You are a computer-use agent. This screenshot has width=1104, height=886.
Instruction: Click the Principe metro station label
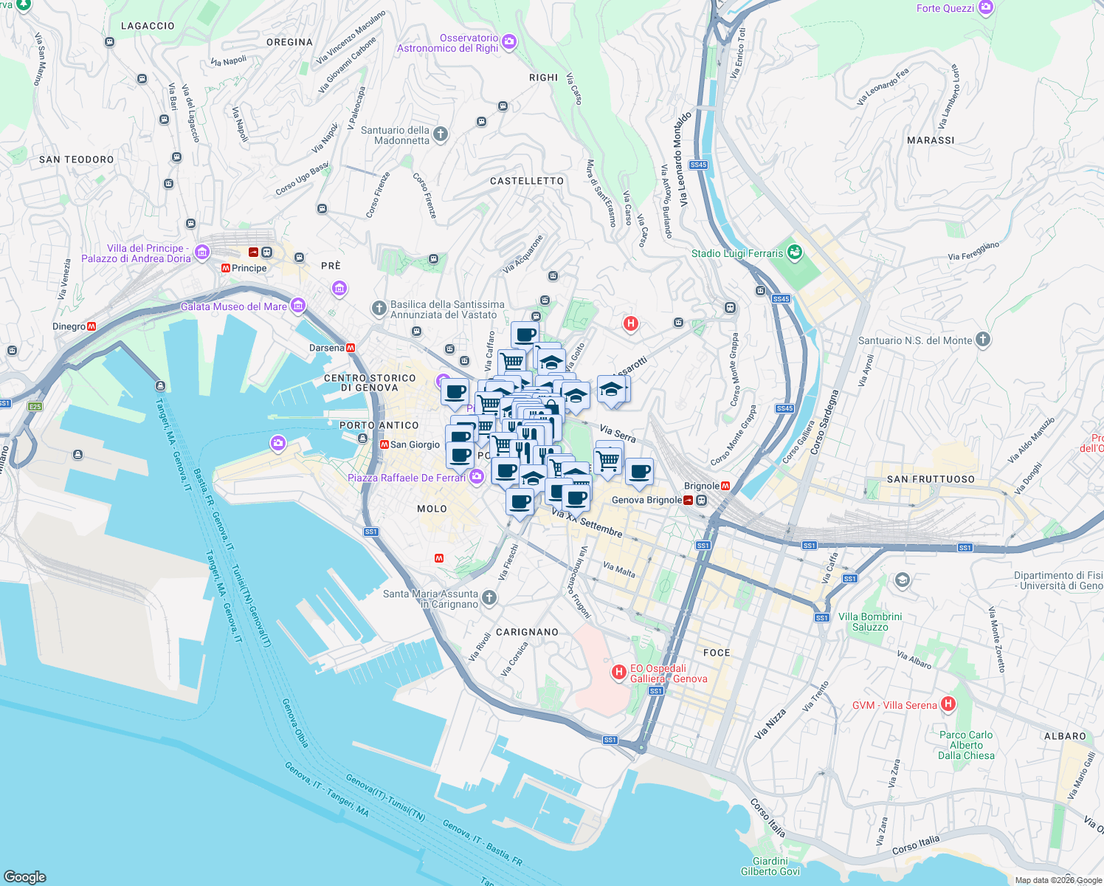[249, 268]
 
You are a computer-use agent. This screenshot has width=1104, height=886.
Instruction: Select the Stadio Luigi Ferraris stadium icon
[794, 253]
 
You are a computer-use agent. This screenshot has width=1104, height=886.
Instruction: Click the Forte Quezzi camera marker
[986, 8]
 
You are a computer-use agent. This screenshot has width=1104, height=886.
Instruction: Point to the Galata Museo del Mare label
[234, 306]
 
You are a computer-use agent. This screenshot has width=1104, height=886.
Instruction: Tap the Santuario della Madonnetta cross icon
[441, 134]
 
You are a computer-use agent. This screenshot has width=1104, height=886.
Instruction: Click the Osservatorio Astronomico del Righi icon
[508, 42]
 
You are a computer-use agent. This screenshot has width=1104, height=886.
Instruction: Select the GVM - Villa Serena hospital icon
[948, 704]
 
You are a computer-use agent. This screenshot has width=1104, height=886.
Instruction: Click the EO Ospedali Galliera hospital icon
[619, 672]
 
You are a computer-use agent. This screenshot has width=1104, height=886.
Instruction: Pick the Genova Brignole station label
[647, 500]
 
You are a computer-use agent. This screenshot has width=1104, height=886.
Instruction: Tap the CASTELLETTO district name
[527, 181]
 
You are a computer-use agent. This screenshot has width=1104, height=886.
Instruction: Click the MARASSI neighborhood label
[931, 140]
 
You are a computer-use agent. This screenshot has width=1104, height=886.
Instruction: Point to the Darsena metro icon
[351, 348]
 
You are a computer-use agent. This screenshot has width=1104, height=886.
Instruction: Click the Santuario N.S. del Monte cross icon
[982, 340]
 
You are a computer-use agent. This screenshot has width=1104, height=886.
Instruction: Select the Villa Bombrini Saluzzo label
[870, 622]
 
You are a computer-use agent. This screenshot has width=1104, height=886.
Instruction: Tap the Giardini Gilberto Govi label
[770, 866]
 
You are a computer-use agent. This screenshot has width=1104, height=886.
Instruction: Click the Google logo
[25, 876]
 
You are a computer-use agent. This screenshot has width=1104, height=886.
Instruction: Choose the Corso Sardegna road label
[824, 422]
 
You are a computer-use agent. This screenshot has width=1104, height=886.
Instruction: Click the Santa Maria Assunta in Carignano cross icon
[489, 597]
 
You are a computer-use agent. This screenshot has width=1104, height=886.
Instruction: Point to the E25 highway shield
[35, 406]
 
